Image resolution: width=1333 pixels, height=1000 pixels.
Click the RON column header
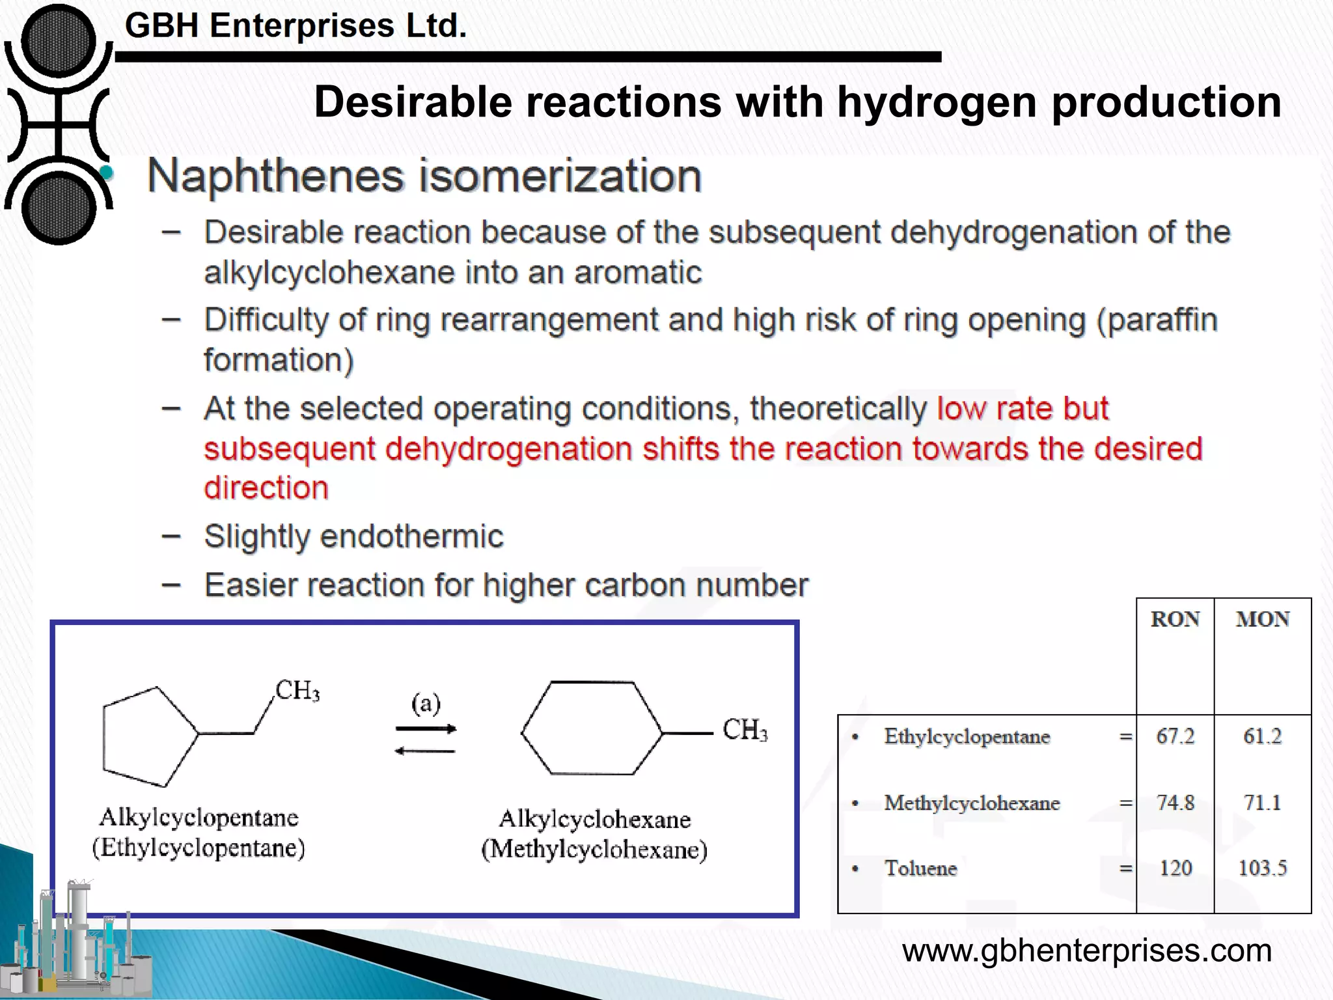pyautogui.click(x=1175, y=618)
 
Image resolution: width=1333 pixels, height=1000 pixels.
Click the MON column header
pyautogui.click(x=1263, y=618)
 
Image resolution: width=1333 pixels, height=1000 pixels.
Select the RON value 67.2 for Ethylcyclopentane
pyautogui.click(x=1175, y=736)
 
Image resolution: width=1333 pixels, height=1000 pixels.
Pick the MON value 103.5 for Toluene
pyautogui.click(x=1262, y=868)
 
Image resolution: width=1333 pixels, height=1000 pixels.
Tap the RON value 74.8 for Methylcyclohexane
pyautogui.click(x=1175, y=803)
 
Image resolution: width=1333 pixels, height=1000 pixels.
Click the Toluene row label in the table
pyautogui.click(x=920, y=868)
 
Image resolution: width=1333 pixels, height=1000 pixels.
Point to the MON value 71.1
pyautogui.click(x=1262, y=803)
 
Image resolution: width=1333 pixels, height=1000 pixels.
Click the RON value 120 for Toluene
pyautogui.click(x=1175, y=868)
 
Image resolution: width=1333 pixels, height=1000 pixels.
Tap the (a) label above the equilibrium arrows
pyautogui.click(x=426, y=703)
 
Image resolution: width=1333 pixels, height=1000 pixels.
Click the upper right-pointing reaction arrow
pyautogui.click(x=426, y=729)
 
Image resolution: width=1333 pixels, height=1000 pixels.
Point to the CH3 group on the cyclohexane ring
pyautogui.click(x=745, y=730)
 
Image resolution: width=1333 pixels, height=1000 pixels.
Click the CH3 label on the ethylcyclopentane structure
pyautogui.click(x=297, y=690)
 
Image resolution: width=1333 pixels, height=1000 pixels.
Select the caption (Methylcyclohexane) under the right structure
pyautogui.click(x=594, y=850)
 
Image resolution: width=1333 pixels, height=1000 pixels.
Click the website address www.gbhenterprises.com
pyautogui.click(x=1086, y=951)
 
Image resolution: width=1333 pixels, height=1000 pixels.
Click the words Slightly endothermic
pyautogui.click(x=353, y=536)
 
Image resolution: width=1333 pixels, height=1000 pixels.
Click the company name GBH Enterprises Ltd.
pyautogui.click(x=295, y=26)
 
